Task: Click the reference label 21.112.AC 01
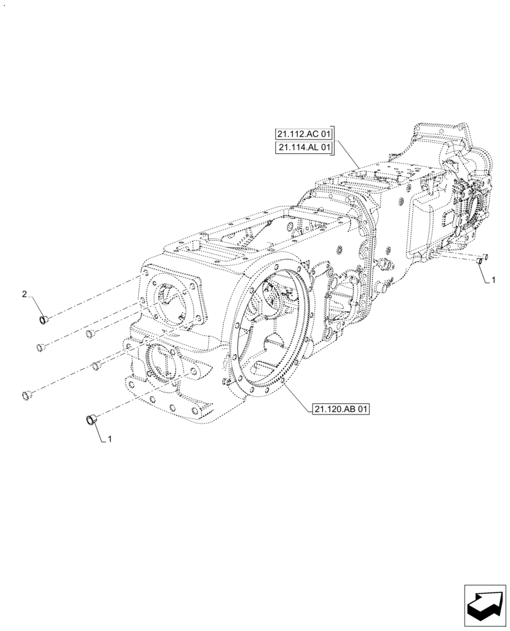click(303, 134)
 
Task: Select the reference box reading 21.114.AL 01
click(303, 148)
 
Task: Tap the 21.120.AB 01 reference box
click(340, 410)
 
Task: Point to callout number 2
click(24, 294)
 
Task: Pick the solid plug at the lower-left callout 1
click(90, 418)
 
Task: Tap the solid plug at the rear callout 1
click(480, 261)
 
